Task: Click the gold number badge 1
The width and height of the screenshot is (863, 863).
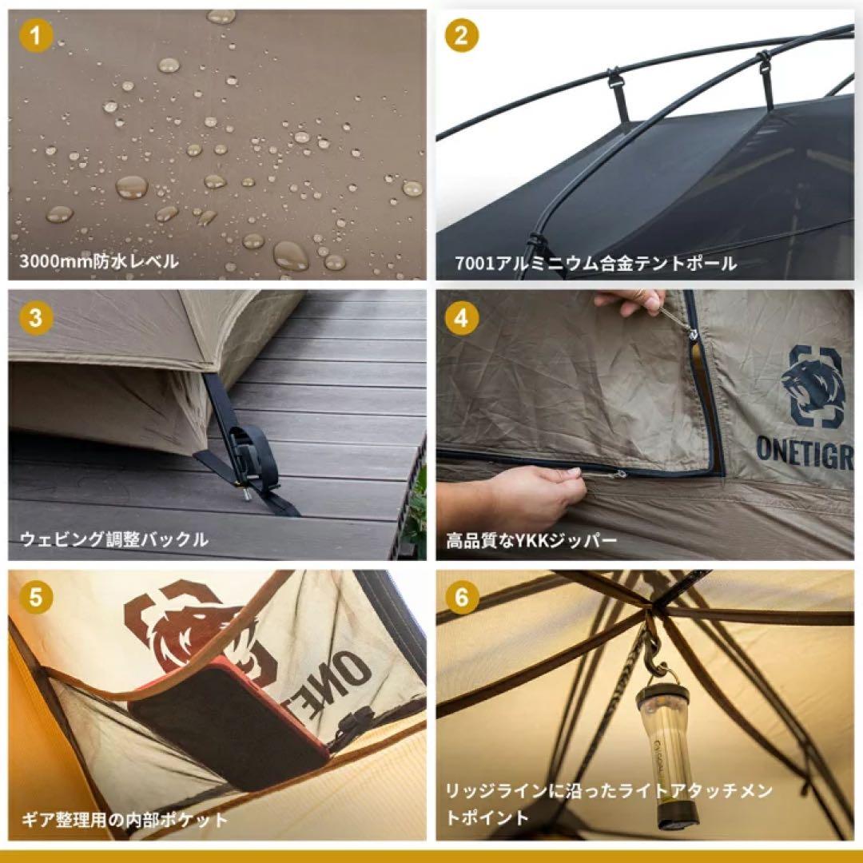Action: click(x=36, y=36)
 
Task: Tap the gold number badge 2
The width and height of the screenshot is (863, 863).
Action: click(x=462, y=36)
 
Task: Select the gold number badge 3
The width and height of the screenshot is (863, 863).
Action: click(x=36, y=318)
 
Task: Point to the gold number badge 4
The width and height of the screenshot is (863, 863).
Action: click(x=462, y=318)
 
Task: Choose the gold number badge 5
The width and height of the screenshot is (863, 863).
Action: click(x=36, y=598)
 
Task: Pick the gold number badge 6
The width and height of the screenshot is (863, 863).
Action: click(x=462, y=598)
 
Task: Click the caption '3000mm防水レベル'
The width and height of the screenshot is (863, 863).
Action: click(x=99, y=260)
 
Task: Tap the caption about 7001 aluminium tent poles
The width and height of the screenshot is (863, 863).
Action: click(x=595, y=263)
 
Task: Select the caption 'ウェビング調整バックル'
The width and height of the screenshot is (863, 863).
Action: click(x=114, y=539)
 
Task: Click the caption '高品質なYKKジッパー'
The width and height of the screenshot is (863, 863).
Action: click(x=531, y=540)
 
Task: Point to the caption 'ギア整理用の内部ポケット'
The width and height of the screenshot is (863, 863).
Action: click(x=125, y=820)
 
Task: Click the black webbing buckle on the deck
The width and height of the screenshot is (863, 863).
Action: click(x=250, y=458)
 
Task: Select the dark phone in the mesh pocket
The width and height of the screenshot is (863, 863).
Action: click(x=229, y=715)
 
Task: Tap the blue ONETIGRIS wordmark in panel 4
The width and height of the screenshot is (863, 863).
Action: click(x=805, y=450)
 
